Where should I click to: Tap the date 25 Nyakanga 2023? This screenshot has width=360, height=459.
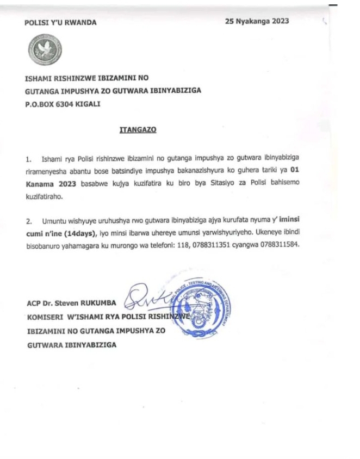257,21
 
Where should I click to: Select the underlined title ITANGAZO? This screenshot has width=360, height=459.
133,131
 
